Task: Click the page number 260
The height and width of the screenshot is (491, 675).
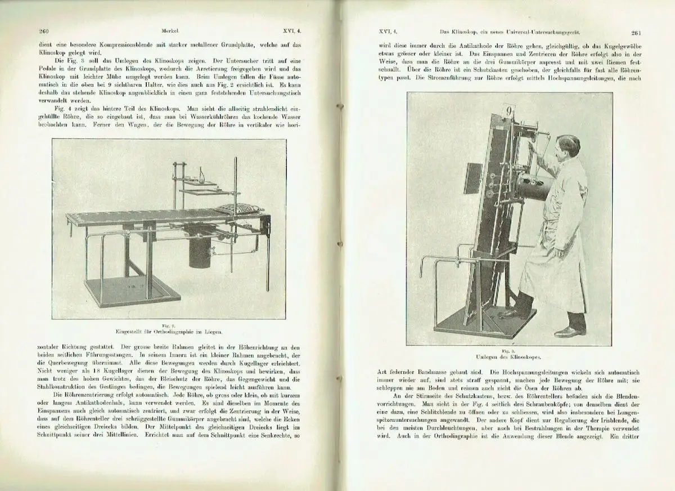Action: pyautogui.click(x=45, y=32)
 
